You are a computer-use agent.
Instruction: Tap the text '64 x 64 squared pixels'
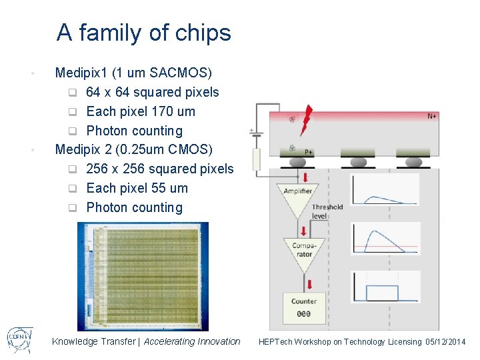click(153, 92)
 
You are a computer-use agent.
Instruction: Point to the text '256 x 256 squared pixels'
click(160, 169)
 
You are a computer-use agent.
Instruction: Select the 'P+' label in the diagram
click(309, 152)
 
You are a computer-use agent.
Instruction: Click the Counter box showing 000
click(303, 307)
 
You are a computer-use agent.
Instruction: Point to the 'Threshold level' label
click(327, 211)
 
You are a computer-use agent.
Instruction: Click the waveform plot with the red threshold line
click(385, 239)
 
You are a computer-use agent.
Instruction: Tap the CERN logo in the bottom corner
click(20, 340)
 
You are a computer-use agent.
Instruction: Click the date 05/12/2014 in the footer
click(445, 342)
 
